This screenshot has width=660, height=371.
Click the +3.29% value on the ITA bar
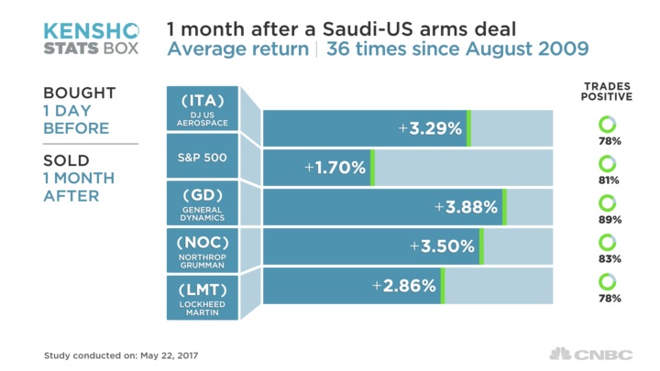coord(430,128)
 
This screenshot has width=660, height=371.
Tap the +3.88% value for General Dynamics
coord(466,207)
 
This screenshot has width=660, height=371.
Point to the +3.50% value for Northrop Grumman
coord(443,246)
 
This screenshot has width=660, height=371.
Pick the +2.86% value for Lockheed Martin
coord(404,286)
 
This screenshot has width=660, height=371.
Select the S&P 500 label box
coord(203,157)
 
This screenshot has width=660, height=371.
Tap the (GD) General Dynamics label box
coord(203,204)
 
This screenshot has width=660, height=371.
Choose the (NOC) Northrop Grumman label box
coord(203,251)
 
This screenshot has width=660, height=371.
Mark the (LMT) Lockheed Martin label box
coord(203,298)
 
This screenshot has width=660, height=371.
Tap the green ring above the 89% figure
coord(607,202)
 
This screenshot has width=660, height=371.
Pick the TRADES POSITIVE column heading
coord(607,92)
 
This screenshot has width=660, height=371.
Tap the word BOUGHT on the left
coord(80,93)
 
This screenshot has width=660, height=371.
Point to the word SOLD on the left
coord(66,161)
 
